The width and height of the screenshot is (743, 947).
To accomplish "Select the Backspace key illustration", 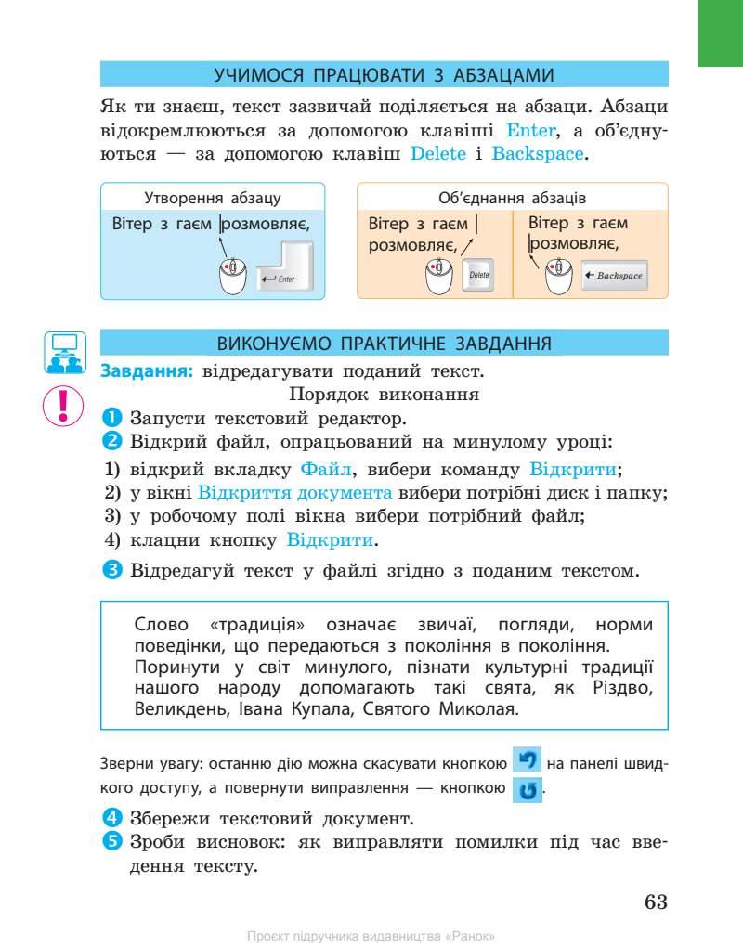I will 613,276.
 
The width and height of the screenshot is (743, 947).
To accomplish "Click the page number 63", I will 656,902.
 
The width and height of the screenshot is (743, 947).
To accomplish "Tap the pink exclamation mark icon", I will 64,405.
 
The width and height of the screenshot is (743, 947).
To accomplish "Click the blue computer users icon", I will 64,352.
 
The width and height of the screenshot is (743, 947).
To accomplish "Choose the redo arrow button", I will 527,791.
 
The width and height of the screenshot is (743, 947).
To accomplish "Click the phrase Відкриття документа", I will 295,492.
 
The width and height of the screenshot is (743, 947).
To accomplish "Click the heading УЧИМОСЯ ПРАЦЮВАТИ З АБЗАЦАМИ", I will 384,74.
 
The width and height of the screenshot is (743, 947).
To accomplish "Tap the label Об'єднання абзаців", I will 512,198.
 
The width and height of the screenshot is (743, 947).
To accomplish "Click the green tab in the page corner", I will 722,32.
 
